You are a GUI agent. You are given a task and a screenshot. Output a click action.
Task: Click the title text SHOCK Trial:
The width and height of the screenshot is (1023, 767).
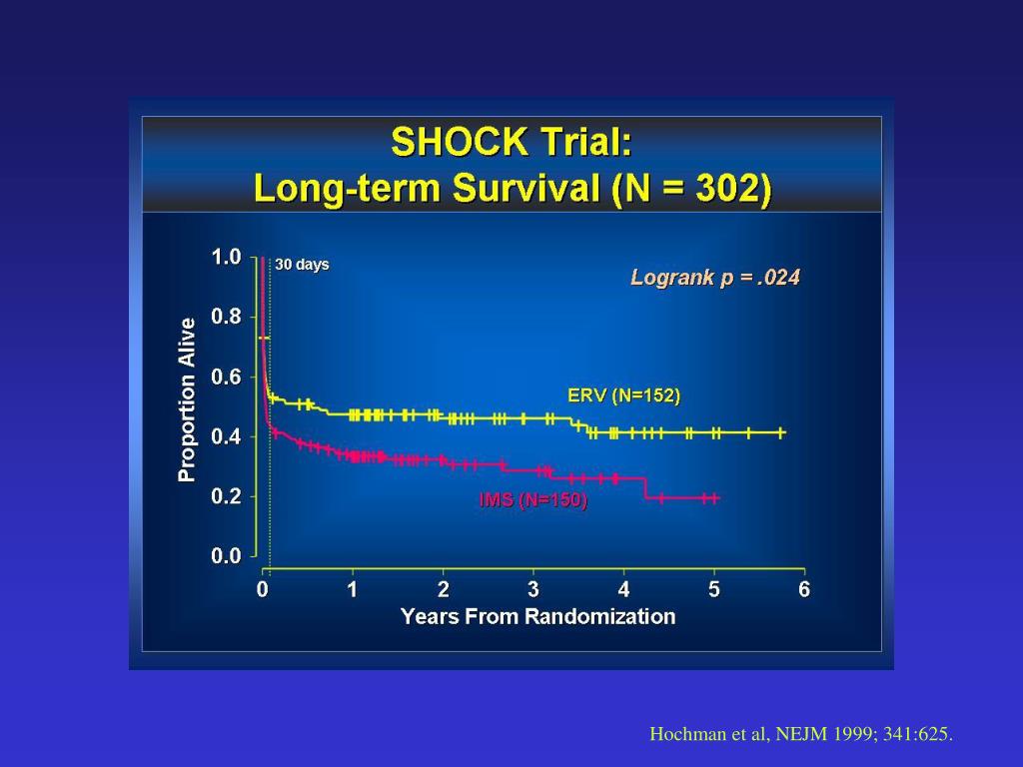511,142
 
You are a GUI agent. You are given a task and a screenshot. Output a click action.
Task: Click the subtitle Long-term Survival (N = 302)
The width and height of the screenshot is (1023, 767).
511,188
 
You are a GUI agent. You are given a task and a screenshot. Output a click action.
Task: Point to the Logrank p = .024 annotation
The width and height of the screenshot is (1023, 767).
715,278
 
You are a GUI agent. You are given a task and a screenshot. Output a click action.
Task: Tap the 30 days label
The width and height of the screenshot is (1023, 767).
302,265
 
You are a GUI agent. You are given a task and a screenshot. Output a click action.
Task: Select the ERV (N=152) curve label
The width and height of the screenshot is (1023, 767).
623,395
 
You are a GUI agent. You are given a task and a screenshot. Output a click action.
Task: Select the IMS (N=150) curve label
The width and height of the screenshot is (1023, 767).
533,500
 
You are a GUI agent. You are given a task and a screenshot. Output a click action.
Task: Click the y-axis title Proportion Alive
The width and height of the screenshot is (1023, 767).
187,399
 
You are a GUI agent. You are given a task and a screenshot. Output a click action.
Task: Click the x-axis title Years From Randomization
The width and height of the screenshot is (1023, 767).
537,616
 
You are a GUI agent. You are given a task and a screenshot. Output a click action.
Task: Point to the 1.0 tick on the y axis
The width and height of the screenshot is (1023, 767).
226,257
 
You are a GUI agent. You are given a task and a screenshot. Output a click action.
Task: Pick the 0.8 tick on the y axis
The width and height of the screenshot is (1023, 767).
226,317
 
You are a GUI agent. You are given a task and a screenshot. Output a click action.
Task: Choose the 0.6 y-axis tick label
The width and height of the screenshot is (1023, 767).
226,377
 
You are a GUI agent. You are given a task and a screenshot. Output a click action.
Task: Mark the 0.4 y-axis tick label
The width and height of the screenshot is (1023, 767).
226,436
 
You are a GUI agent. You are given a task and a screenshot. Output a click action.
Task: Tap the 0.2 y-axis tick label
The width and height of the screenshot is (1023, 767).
226,496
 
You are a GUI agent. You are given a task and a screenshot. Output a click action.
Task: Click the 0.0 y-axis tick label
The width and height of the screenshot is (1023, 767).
226,556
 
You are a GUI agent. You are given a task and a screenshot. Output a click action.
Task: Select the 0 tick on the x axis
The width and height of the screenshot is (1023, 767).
263,589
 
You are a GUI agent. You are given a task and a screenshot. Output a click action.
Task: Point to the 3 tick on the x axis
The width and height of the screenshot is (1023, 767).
533,589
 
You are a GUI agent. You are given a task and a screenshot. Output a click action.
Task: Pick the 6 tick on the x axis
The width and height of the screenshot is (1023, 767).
804,589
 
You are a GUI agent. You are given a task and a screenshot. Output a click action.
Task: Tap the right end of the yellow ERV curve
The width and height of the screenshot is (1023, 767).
784,432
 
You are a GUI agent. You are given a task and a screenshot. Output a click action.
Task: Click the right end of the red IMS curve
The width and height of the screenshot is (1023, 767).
717,497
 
